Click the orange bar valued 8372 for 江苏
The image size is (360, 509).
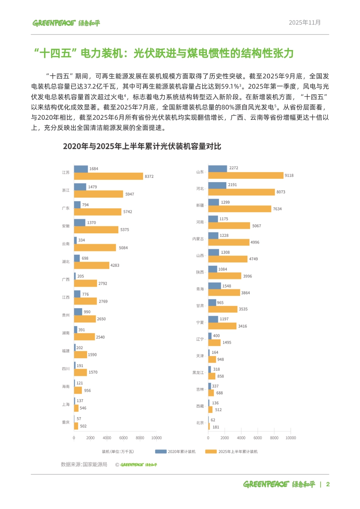click(108, 176)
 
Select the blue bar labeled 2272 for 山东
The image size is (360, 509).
click(218, 169)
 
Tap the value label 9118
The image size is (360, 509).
click(289, 176)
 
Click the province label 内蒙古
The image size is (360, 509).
click(198, 239)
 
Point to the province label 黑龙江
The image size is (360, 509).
click(198, 373)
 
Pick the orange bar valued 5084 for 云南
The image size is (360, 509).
click(95, 248)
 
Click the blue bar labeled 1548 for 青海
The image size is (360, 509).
click(214, 286)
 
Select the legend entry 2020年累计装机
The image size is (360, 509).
click(176, 452)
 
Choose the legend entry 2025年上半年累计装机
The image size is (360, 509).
click(232, 452)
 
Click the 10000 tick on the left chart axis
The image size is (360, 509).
click(157, 438)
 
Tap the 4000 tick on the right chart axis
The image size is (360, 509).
click(241, 438)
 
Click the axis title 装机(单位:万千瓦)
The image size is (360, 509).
click(118, 452)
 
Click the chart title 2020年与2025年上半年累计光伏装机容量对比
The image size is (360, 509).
click(142, 147)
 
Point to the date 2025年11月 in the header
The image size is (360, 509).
click(305, 23)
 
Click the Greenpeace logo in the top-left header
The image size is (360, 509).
click(66, 23)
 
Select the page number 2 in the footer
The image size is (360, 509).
click(328, 484)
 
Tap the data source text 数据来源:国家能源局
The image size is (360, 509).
click(84, 465)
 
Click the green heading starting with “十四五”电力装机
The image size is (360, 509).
click(164, 53)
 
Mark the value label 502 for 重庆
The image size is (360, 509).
click(83, 426)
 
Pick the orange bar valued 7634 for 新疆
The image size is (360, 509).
click(240, 209)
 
